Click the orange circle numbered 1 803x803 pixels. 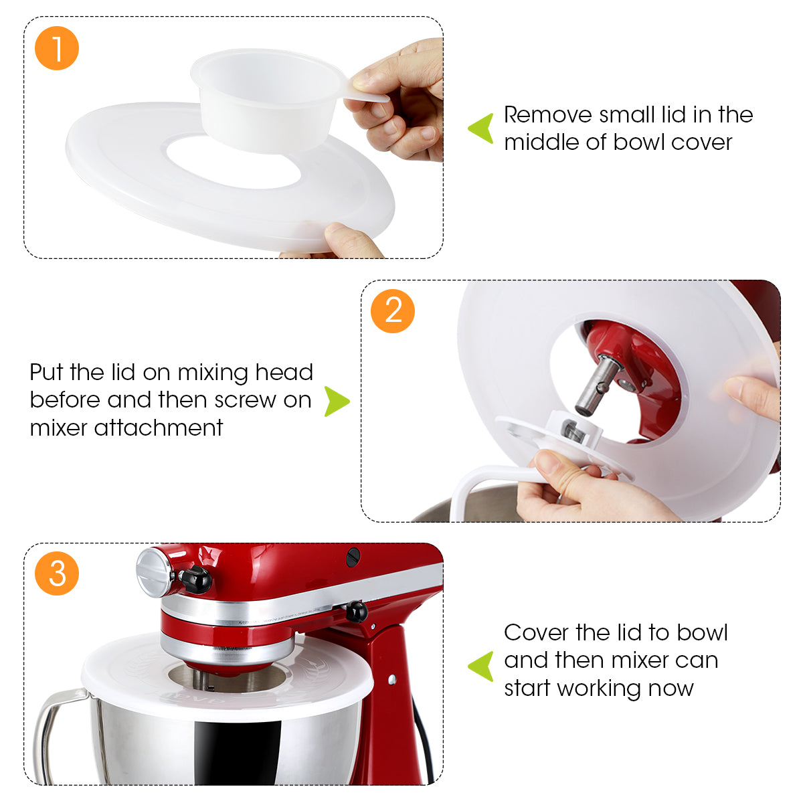[57, 48]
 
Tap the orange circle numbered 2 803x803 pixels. [393, 310]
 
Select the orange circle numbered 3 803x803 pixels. [57, 573]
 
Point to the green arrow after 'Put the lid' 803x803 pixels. [337, 401]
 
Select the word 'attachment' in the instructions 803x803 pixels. [159, 428]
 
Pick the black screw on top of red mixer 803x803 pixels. [353, 555]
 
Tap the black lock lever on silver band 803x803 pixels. [355, 610]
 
